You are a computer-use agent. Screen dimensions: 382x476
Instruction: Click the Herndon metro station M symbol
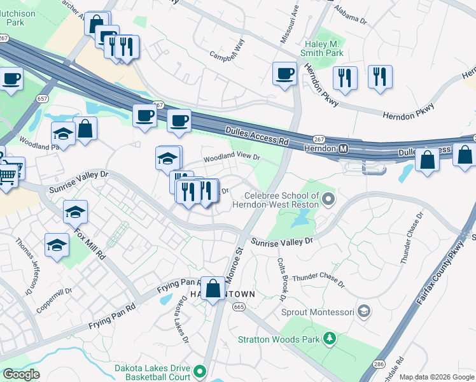coord(344,148)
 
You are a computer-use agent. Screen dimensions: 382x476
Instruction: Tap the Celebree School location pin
coord(328,200)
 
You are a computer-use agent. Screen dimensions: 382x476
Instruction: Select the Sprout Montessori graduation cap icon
coord(363,311)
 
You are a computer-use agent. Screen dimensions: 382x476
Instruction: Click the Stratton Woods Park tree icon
coord(329,337)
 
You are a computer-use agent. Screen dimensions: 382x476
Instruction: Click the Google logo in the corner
coord(21,374)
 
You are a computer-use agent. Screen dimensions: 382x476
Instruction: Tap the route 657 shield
coord(43,99)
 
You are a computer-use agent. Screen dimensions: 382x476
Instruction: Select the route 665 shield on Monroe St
coord(239,307)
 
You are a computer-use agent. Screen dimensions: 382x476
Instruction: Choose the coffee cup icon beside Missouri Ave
coord(284,73)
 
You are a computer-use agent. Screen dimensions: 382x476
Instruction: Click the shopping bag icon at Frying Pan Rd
coord(214,288)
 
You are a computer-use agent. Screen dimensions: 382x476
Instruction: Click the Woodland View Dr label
coord(232,157)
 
